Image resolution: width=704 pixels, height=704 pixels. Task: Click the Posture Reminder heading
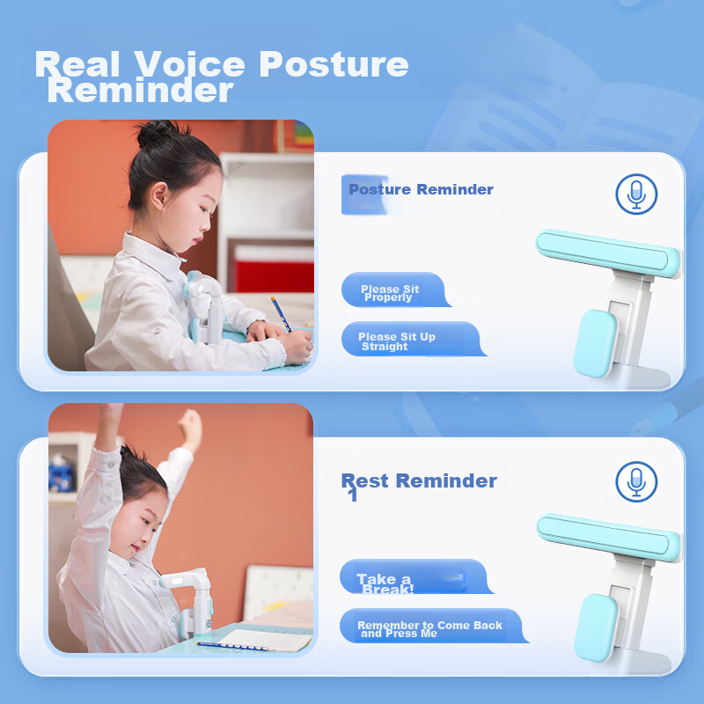[421, 189]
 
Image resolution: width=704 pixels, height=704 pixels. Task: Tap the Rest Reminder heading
[419, 481]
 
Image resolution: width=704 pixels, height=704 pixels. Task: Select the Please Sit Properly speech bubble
[392, 291]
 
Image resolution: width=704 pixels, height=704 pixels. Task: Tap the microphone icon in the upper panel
[636, 194]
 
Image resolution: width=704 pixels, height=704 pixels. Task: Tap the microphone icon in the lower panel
[636, 481]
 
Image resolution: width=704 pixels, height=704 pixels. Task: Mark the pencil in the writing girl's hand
[282, 312]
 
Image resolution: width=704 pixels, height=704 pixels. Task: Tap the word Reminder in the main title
[141, 90]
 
